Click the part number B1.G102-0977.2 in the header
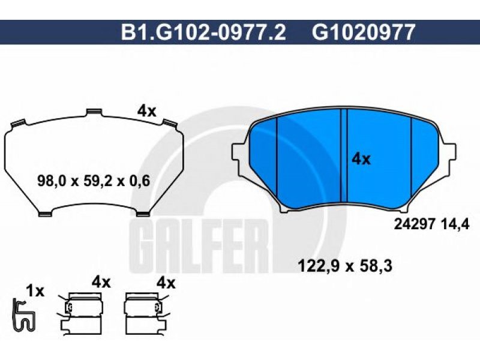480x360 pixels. (203, 32)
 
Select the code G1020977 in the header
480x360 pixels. (364, 32)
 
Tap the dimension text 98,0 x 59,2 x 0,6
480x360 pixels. (94, 181)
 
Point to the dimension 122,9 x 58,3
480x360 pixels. (345, 266)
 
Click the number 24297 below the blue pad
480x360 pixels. (414, 224)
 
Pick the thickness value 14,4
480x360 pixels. (455, 225)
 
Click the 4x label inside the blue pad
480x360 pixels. (361, 159)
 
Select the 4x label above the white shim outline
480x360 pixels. (146, 111)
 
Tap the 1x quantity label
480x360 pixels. (35, 291)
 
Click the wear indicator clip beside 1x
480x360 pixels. (23, 316)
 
